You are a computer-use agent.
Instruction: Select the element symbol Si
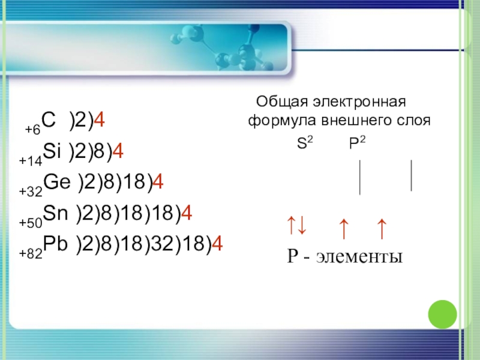[53, 154]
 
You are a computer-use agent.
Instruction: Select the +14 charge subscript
[29, 161]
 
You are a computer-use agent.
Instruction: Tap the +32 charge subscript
[30, 193]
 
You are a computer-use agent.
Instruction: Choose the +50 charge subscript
[30, 223]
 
